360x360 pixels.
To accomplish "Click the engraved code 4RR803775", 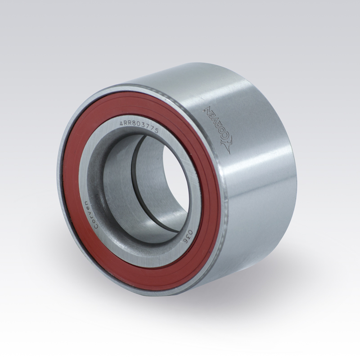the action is pos(139,127).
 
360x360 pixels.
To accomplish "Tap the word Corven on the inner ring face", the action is pos(96,215).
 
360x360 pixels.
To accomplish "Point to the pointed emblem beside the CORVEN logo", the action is pos(227,145).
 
